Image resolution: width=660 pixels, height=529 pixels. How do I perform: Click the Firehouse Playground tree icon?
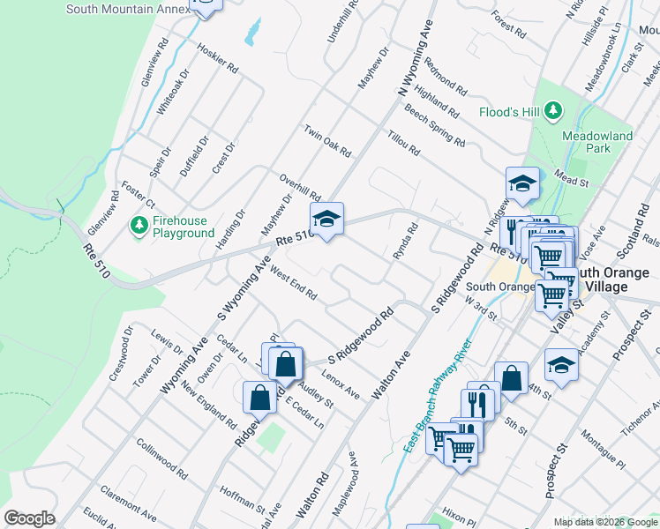(139, 226)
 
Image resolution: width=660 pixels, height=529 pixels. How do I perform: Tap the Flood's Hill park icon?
(553, 111)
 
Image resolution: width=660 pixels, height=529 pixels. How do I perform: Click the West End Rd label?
(293, 283)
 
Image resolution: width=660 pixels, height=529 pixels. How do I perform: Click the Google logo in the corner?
(29, 518)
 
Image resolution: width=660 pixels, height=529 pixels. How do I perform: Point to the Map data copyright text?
(606, 522)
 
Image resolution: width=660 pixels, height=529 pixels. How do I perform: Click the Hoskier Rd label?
(218, 57)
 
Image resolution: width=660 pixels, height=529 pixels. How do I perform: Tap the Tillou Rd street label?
(402, 140)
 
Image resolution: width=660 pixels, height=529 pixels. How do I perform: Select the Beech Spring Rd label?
(434, 125)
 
